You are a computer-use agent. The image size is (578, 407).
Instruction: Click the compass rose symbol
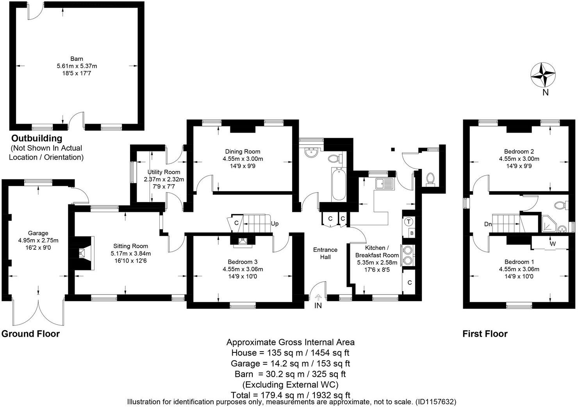(x=543, y=75)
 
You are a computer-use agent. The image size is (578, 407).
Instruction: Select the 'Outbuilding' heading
(x=37, y=138)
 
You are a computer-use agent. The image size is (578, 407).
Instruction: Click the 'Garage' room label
(x=38, y=233)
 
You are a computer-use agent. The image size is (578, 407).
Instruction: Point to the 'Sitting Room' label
(x=130, y=246)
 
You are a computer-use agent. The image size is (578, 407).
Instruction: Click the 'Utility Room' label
(x=164, y=172)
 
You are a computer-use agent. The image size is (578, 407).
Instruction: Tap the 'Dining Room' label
(x=243, y=151)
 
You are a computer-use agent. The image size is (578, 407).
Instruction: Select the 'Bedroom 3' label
(x=243, y=262)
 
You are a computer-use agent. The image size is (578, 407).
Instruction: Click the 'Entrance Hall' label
(x=325, y=253)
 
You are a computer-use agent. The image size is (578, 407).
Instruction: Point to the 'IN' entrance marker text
(x=318, y=306)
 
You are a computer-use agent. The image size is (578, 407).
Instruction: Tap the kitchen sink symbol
(x=384, y=183)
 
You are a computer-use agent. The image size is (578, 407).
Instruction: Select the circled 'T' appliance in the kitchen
(x=409, y=222)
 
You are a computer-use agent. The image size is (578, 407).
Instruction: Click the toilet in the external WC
(x=430, y=179)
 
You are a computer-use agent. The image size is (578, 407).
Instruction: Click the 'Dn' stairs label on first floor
(x=488, y=224)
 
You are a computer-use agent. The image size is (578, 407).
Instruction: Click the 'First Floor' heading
(x=485, y=334)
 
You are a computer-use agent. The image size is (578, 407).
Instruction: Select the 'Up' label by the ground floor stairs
(x=275, y=224)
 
